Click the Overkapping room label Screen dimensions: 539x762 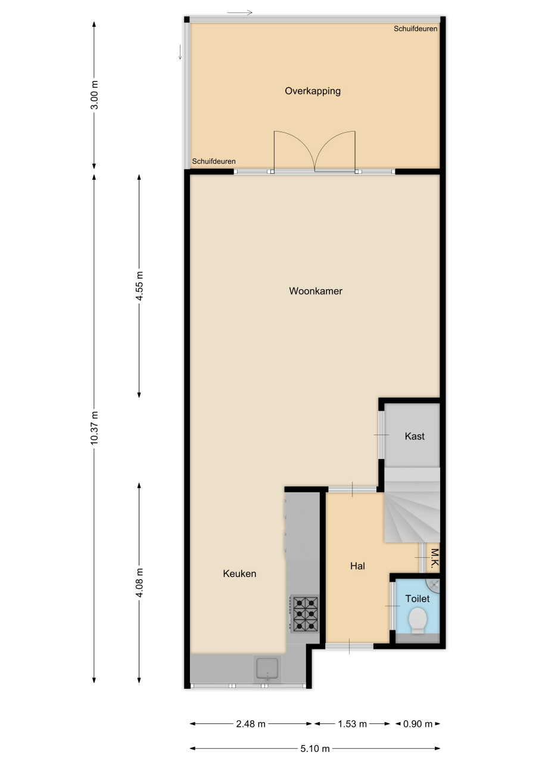(x=313, y=91)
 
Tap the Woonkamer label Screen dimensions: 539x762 (x=316, y=291)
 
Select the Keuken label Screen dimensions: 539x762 (x=239, y=573)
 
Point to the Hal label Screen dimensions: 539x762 (x=357, y=566)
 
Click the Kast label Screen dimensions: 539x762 (x=415, y=436)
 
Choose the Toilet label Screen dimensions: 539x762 (x=417, y=598)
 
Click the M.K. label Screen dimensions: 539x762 (x=435, y=558)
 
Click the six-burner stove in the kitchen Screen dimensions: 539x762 (x=305, y=613)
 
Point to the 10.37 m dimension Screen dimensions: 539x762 (x=94, y=428)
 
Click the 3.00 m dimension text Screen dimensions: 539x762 (x=94, y=95)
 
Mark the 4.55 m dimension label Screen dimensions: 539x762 (x=139, y=286)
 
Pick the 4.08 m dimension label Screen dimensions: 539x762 (x=139, y=582)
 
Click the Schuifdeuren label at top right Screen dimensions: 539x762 (x=416, y=29)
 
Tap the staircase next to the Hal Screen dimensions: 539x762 (x=412, y=505)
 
